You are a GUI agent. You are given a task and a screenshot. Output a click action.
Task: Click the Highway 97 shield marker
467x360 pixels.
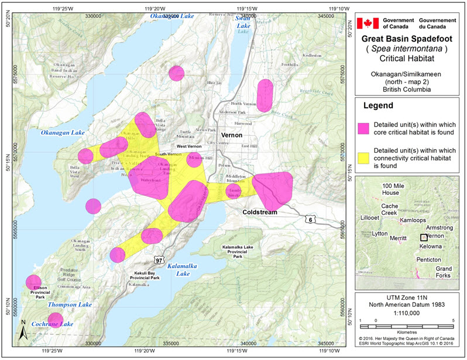click(159, 259)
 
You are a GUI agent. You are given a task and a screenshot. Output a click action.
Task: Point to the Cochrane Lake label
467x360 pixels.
click(39, 324)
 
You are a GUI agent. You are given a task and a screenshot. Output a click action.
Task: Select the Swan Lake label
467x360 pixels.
click(243, 22)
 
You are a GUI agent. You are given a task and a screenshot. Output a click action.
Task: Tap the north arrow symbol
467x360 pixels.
click(22, 331)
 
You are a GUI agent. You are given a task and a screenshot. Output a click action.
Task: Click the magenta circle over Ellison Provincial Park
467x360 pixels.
click(33, 282)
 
